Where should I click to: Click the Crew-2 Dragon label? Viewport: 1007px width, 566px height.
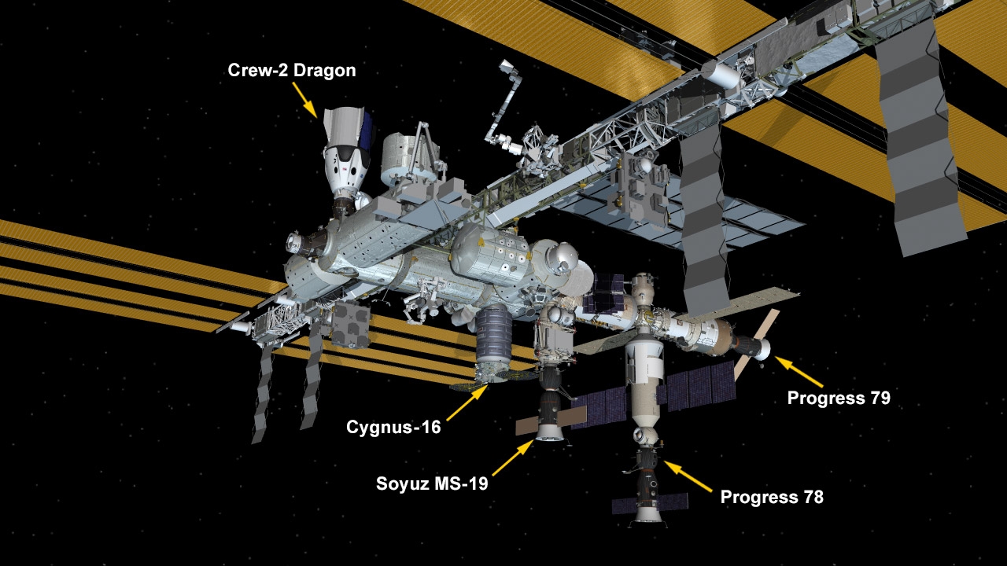pos(292,71)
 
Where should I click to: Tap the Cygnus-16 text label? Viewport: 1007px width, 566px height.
pos(393,427)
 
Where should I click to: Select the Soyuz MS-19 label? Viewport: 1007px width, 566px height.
pos(432,483)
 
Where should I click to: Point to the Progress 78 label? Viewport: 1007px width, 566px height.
pos(772,497)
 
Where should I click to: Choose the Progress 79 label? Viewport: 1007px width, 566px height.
pos(839,398)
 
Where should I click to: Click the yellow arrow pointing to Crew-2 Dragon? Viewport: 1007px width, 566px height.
pos(304,100)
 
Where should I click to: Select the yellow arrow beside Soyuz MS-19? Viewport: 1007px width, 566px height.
pos(513,458)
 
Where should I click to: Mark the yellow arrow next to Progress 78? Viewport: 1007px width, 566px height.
pos(688,476)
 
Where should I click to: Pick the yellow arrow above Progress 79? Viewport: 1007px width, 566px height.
pos(799,372)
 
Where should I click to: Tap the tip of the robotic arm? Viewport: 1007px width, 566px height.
pos(505,65)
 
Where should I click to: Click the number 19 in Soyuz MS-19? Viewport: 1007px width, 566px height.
pos(477,483)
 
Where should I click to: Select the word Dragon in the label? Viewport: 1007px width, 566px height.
pos(325,71)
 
